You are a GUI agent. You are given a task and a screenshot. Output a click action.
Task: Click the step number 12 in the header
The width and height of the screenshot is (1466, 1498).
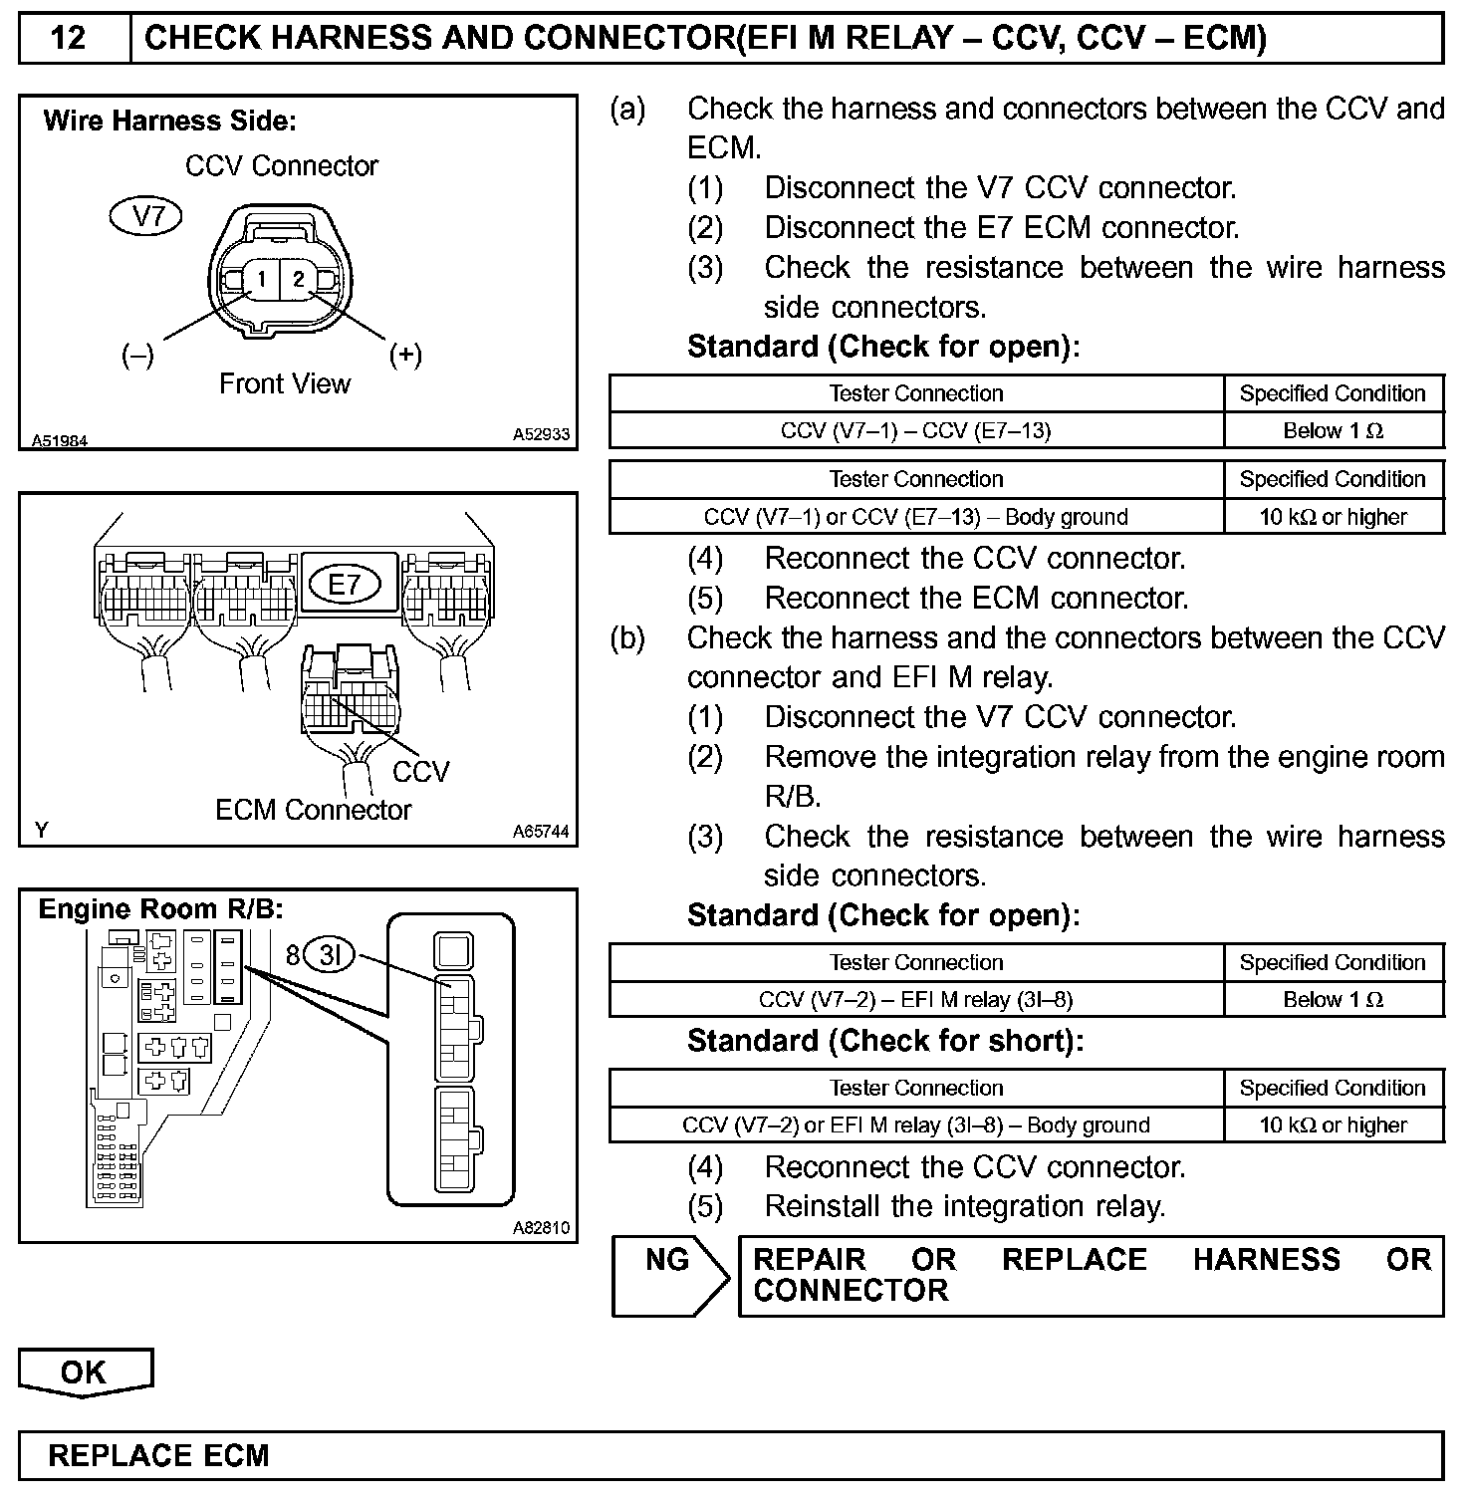(68, 38)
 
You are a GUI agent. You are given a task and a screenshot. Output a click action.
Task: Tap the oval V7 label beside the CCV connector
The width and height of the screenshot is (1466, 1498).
(146, 216)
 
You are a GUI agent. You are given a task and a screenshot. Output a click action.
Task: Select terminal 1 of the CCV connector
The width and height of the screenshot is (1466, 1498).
(261, 280)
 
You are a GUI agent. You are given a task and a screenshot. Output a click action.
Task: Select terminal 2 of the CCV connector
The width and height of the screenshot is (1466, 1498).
(298, 280)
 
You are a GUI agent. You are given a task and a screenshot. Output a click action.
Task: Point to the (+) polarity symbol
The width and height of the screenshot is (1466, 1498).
(405, 355)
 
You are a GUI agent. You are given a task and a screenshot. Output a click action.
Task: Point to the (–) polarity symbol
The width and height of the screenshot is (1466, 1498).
(137, 355)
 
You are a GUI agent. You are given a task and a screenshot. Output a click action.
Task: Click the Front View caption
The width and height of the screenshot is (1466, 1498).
(285, 384)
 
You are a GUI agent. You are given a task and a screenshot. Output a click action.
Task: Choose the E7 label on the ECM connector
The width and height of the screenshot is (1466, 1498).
(344, 584)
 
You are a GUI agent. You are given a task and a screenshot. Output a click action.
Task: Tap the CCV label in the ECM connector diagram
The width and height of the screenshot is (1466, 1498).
(420, 772)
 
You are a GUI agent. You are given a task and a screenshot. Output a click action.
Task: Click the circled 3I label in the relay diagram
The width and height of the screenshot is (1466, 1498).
(329, 956)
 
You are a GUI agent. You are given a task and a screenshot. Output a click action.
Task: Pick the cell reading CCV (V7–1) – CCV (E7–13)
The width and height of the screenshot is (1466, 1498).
(915, 430)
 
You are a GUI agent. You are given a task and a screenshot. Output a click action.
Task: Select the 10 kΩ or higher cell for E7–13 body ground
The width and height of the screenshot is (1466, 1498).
(1333, 517)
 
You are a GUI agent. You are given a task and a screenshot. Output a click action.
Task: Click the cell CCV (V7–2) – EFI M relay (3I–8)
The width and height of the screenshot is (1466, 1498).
(915, 999)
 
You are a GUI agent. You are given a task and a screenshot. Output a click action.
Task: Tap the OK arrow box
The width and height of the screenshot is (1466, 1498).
(85, 1373)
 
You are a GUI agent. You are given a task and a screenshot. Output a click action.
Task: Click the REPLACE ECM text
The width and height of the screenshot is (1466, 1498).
(158, 1456)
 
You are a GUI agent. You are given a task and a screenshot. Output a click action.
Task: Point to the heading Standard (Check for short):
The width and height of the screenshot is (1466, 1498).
(884, 1041)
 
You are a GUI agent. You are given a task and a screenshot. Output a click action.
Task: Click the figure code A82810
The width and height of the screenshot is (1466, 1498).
(541, 1228)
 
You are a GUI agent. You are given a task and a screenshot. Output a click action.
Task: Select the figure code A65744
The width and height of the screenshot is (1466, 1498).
(541, 831)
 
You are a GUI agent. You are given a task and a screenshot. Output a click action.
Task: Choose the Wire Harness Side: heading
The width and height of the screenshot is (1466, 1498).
(169, 122)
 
